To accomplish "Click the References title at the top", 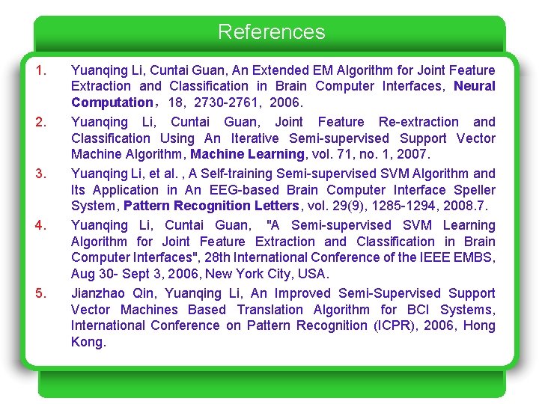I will (271, 32).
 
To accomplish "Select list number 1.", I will (42, 70).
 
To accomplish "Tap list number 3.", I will (42, 174).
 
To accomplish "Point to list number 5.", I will (42, 293).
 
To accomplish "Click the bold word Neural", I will (475, 86).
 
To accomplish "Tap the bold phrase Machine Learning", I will (248, 155).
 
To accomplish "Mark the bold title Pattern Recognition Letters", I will (211, 206).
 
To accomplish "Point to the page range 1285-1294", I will (392, 206).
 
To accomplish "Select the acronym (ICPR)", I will (395, 325).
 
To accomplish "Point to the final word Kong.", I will (88, 342).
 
